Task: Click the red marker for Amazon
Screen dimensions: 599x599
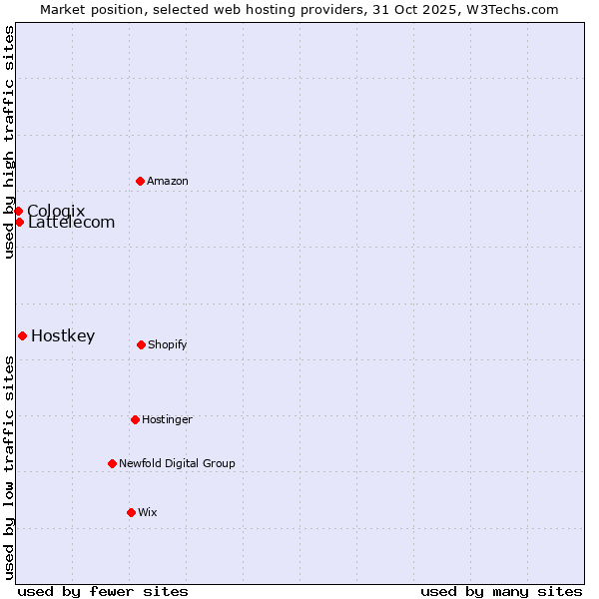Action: [140, 181]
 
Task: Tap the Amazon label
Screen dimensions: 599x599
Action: [168, 182]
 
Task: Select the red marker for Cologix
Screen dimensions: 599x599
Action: [18, 211]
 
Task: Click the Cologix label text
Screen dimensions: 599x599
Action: [56, 211]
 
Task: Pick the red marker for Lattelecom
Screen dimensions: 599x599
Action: [19, 222]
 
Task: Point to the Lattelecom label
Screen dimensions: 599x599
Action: [72, 223]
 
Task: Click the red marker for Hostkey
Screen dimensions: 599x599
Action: [22, 335]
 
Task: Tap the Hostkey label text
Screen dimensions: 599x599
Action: [63, 336]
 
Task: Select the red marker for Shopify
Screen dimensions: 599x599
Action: [141, 344]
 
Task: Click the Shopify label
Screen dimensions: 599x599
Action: [168, 345]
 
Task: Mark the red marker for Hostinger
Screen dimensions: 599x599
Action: [135, 419]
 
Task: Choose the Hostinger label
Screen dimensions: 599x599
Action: [167, 420]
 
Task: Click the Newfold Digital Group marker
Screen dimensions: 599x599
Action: [112, 463]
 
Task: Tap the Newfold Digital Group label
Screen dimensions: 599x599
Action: [177, 464]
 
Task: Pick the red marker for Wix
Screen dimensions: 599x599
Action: [131, 512]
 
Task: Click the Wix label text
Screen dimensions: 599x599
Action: [148, 513]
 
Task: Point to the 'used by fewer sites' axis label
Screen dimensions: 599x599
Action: [103, 592]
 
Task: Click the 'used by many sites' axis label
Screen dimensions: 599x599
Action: [501, 592]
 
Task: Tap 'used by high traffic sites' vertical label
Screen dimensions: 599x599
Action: [10, 142]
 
